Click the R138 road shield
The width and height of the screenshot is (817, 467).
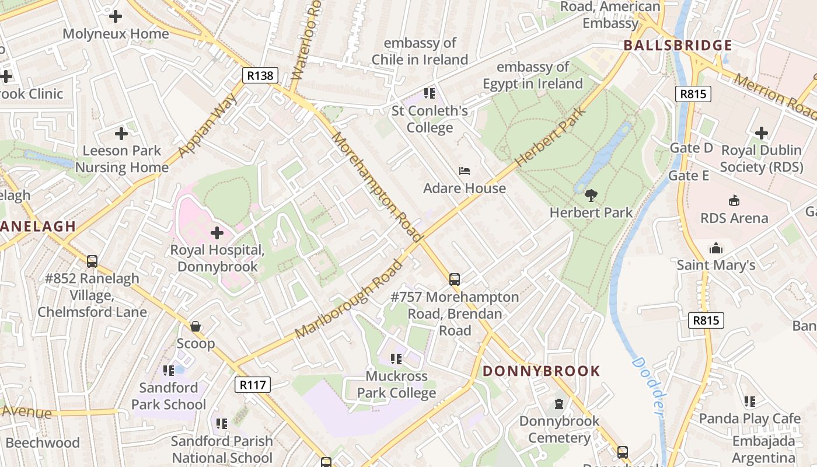260,75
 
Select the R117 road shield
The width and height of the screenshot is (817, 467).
253,385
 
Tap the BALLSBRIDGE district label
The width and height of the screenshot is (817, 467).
678,46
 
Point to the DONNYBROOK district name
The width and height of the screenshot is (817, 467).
541,371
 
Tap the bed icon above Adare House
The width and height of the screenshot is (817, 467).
465,171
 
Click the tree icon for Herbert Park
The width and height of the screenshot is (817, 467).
591,195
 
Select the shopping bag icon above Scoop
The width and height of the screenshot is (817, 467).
195,326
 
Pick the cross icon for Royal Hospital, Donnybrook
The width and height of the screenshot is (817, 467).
217,233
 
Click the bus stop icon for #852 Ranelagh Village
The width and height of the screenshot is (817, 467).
92,261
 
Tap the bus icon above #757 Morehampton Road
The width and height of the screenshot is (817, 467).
455,280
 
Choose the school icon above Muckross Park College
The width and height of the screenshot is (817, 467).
396,359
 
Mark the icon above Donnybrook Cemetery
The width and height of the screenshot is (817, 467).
559,404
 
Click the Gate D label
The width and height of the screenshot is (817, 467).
691,148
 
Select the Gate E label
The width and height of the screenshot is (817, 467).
689,176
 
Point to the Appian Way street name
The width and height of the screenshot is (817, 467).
208,125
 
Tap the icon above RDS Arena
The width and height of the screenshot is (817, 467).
734,201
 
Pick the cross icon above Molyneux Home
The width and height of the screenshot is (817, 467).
116,16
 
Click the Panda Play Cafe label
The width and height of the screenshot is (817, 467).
749,419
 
